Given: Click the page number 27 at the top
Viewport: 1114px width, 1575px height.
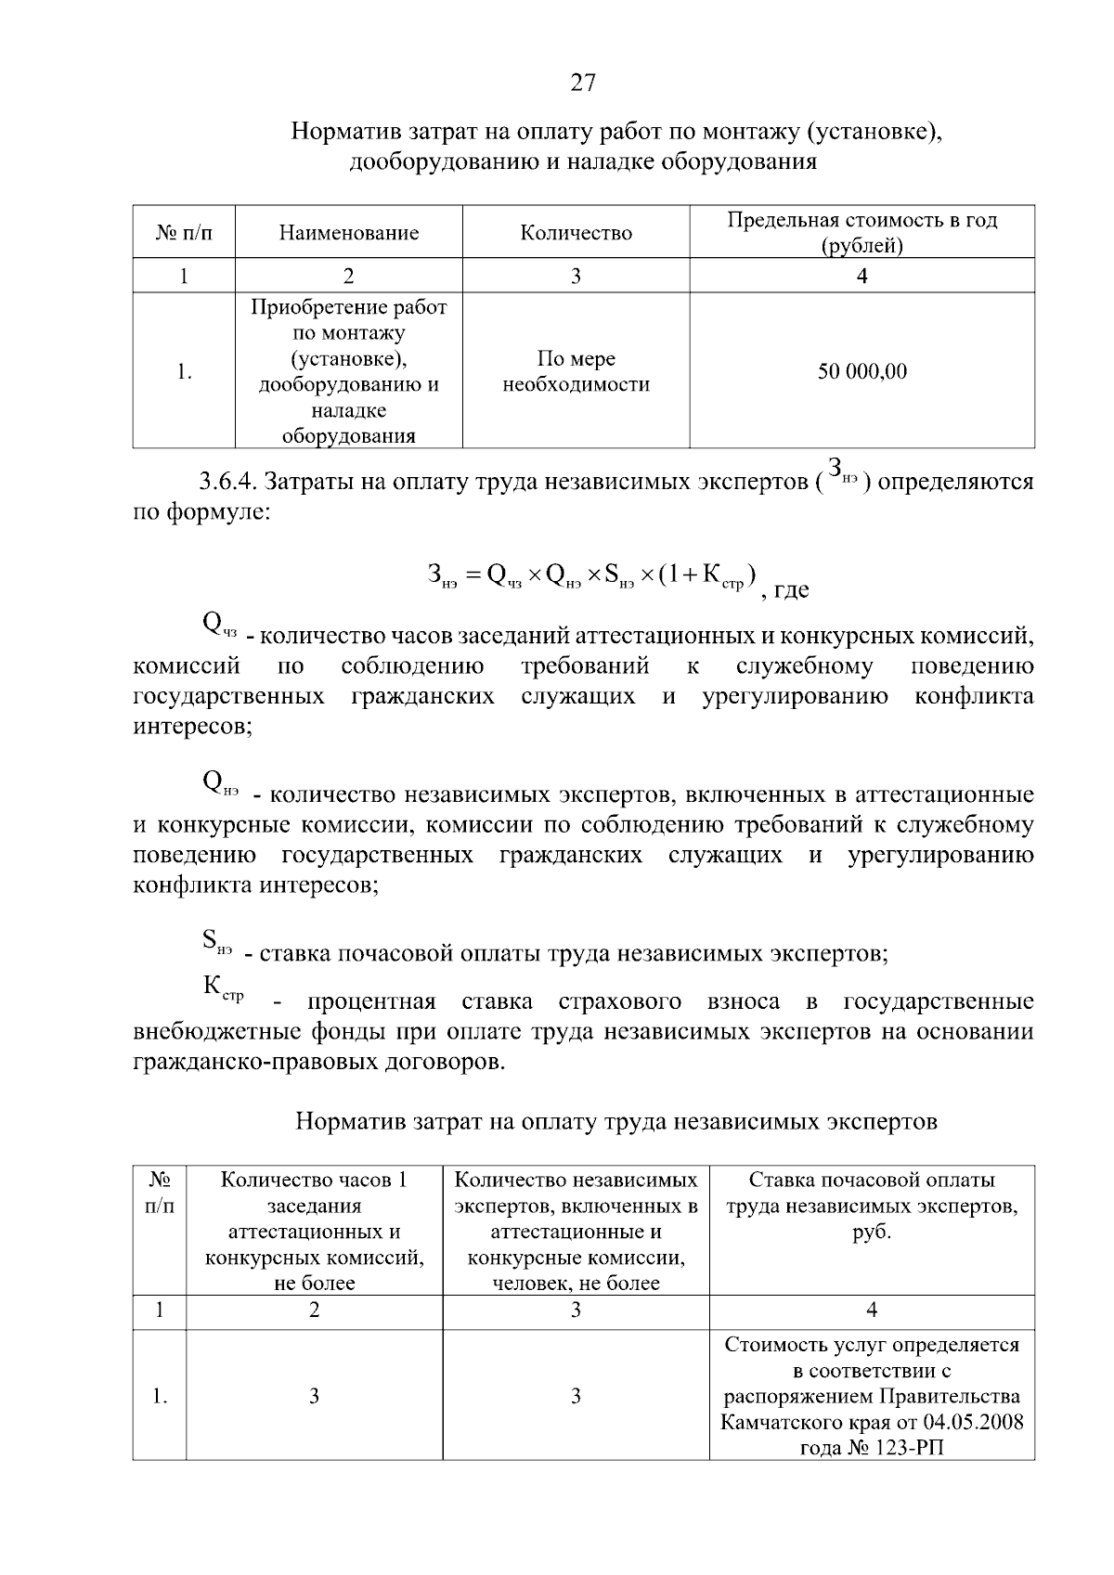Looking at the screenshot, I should pyautogui.click(x=582, y=83).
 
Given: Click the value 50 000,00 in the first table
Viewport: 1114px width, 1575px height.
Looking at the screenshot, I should pyautogui.click(x=861, y=371).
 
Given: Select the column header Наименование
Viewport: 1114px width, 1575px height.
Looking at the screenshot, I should pyautogui.click(x=348, y=232).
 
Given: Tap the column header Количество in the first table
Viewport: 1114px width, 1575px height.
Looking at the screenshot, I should pyautogui.click(x=576, y=232).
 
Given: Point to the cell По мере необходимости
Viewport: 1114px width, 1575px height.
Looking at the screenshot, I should pyautogui.click(x=576, y=371).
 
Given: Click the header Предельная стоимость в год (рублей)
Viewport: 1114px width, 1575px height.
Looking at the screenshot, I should pyautogui.click(x=861, y=232).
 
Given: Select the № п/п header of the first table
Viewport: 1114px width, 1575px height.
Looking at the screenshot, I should pyautogui.click(x=184, y=232).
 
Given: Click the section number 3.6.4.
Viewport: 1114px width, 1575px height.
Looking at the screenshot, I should pyautogui.click(x=228, y=483).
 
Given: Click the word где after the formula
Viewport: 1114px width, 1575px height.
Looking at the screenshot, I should pyautogui.click(x=791, y=589).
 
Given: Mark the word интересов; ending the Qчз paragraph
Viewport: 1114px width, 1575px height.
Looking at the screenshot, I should pyautogui.click(x=192, y=726).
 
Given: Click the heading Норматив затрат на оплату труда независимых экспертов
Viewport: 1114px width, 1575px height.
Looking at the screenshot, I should pyautogui.click(x=616, y=1121).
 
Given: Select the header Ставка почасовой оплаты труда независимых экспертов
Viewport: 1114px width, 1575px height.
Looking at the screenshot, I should pyautogui.click(x=871, y=1206).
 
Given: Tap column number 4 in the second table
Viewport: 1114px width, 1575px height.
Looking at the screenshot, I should pyautogui.click(x=871, y=1310).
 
